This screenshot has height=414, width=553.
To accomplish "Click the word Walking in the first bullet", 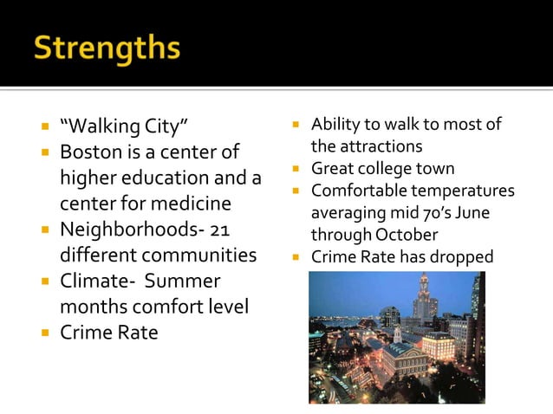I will point(101,128).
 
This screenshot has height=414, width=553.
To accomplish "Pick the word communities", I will point(199,256).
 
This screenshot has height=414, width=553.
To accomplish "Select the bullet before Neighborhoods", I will point(43,230).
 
